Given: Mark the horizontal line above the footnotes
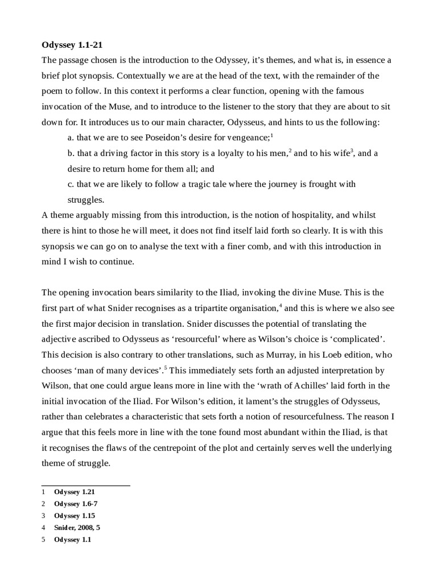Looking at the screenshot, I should tap(86, 486).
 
